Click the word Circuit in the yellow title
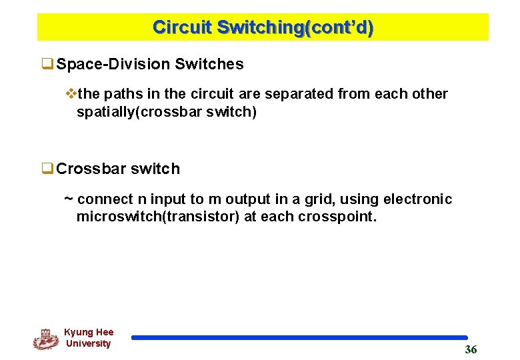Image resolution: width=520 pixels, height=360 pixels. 182,27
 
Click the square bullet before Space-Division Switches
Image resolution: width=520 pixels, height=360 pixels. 48,65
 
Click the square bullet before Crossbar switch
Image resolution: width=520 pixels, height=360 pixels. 48,169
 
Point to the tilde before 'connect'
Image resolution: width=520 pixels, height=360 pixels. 68,199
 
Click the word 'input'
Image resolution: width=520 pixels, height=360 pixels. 168,199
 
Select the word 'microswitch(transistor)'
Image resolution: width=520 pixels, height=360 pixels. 158,217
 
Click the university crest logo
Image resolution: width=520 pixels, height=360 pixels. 45,339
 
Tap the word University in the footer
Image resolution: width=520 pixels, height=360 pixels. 88,344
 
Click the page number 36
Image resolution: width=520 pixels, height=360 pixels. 471,350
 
